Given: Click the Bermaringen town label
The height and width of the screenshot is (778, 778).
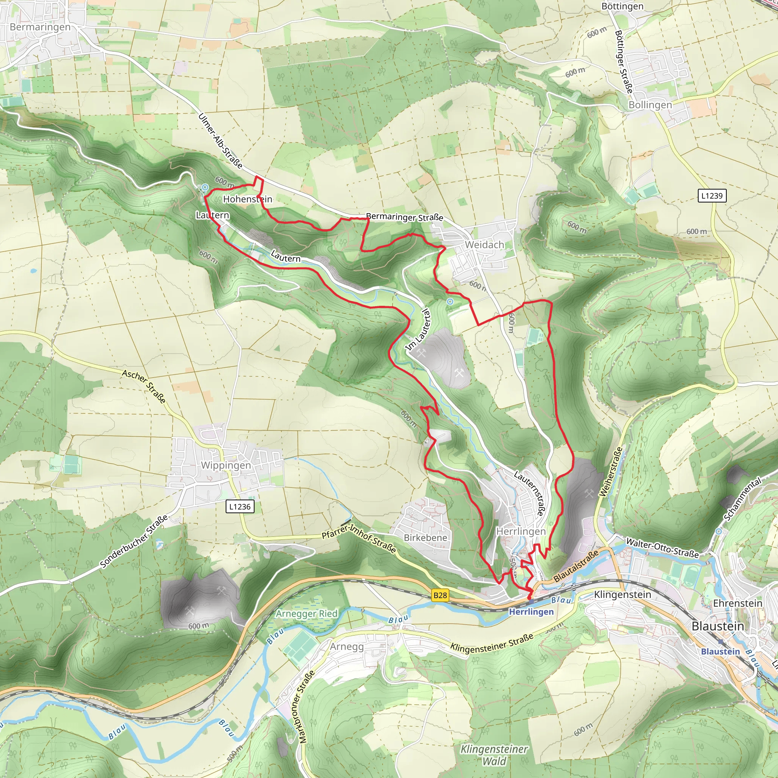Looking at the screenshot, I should pos(40,27).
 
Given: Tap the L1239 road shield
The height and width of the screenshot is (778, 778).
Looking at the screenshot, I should pos(712,196).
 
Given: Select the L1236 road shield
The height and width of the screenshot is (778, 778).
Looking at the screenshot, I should pos(240,507).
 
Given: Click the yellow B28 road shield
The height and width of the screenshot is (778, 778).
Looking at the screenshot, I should pos(440,595).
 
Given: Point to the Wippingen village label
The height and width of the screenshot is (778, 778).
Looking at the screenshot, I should pos(226,465).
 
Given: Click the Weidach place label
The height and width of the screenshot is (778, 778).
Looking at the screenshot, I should pos(484,245).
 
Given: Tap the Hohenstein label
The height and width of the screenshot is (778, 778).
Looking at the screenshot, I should pos(247,199).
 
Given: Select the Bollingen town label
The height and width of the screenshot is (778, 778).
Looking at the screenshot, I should pos(650,105).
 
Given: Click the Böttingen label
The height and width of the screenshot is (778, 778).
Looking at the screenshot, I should pos(622,6).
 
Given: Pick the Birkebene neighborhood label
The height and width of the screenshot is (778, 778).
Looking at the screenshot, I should pos(425,538).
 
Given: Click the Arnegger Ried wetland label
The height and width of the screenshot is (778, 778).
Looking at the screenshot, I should pos(307,614).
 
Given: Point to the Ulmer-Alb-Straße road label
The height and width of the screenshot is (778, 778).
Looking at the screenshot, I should pos(220,141).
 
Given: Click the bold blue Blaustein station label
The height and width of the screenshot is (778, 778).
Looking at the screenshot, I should pos(720,651).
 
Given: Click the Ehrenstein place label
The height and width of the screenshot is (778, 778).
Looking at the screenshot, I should pos(737,603).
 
